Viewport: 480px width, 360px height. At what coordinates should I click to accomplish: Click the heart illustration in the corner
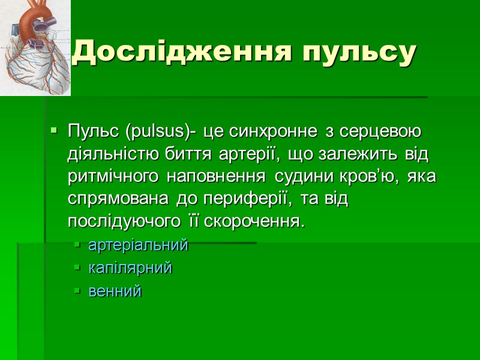pos(35,47)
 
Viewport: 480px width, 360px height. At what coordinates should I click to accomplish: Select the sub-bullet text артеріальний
pos(138,245)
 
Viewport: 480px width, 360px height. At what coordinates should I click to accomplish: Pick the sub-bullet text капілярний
pos(130,268)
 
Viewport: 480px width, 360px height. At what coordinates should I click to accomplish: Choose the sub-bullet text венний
pos(115,292)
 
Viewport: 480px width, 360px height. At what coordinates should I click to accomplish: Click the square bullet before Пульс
pos(55,130)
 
